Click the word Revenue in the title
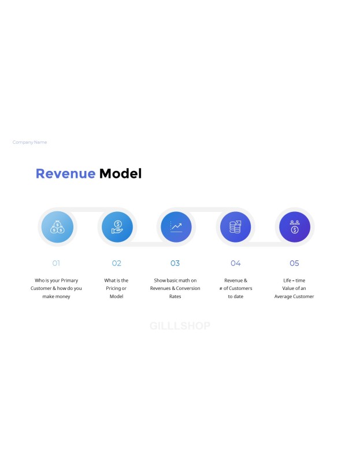(65, 174)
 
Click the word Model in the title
(121, 174)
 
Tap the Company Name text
(30, 142)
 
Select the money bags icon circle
(57, 227)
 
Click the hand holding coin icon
(117, 227)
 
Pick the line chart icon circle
(176, 227)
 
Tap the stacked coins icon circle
(236, 227)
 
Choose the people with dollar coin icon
(295, 227)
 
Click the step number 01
(56, 263)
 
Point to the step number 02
(117, 263)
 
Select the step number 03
(175, 263)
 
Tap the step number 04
(236, 263)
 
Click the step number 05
(294, 263)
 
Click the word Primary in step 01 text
(69, 281)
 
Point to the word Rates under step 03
(175, 296)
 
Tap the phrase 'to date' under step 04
(236, 296)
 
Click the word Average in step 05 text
(283, 296)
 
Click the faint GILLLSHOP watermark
(180, 326)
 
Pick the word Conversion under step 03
(188, 288)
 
